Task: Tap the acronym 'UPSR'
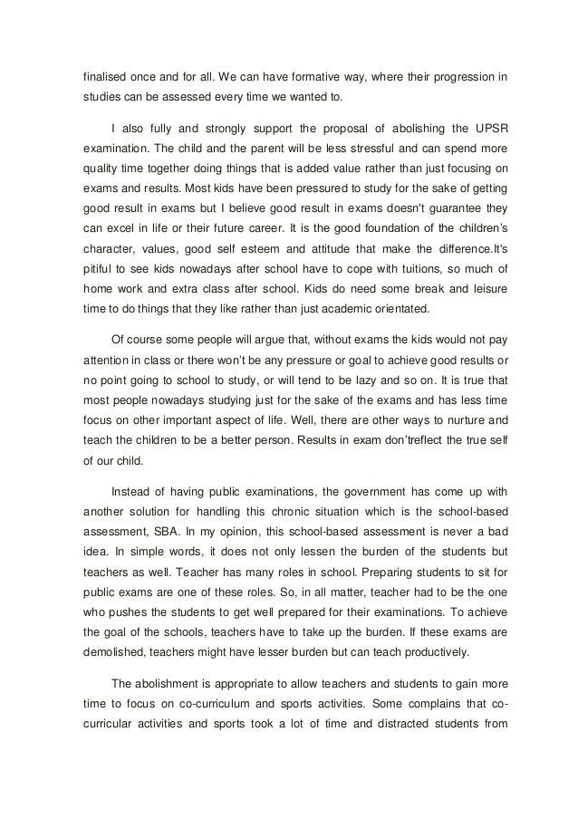[491, 125]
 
